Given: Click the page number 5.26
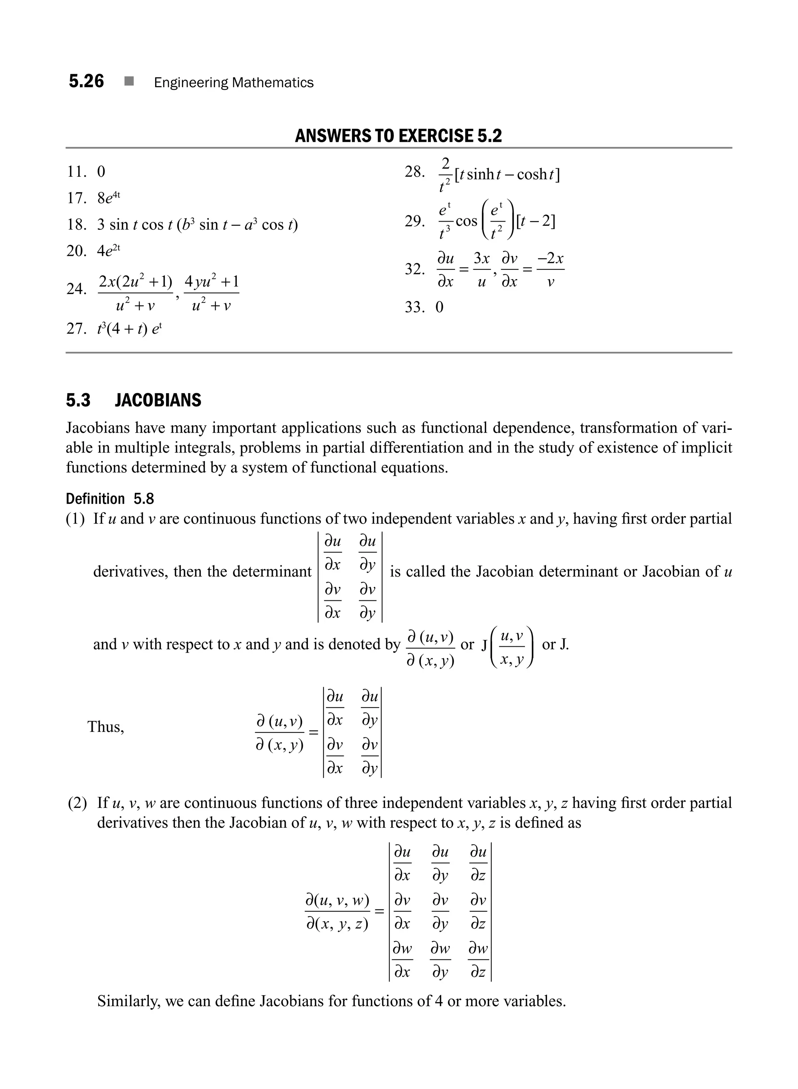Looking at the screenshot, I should (86, 81).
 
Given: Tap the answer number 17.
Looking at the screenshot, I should (76, 198).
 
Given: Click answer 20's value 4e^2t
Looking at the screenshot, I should (109, 250).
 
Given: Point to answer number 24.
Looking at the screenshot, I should (76, 289).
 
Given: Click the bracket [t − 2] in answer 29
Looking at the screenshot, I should (535, 222).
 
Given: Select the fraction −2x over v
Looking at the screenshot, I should (550, 269).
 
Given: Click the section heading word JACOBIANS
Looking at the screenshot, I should (158, 400).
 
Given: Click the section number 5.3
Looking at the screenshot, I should (78, 400).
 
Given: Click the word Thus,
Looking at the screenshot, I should (106, 727).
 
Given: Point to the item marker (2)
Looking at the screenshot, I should (77, 803).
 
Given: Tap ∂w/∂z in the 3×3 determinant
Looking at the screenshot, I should (478, 960).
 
